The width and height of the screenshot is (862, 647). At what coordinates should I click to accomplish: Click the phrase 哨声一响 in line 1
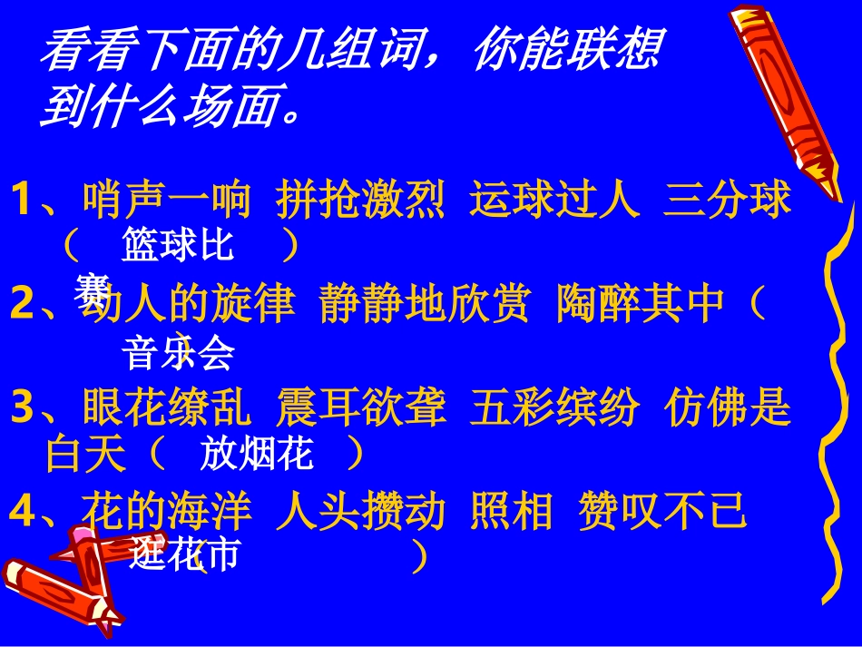[166, 201]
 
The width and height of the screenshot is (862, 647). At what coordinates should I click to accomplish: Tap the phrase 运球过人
[554, 201]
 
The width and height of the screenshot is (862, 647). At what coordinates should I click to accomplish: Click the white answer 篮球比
[177, 246]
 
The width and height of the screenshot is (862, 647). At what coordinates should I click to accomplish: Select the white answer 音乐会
[179, 353]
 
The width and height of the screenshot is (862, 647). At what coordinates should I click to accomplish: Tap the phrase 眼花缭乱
[166, 411]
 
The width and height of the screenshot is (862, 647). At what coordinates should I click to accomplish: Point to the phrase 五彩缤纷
[554, 411]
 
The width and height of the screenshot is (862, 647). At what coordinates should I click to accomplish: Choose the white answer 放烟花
[257, 455]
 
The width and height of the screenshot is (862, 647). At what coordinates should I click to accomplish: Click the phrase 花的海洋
[166, 513]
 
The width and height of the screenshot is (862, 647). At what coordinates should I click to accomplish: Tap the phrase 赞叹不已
[661, 513]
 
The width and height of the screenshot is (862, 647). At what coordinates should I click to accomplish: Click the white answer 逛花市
[183, 554]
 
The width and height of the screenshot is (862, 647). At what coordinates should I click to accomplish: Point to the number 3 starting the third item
[21, 411]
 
